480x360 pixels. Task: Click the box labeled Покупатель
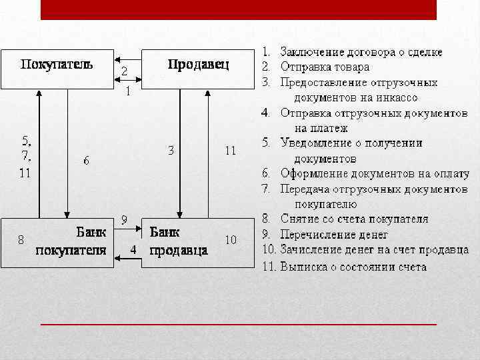[x=57, y=66]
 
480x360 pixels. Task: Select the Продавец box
[x=197, y=66]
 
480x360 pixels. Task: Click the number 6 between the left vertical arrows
[x=87, y=161]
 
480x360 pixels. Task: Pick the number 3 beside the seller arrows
[x=171, y=151]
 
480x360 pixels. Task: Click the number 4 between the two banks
[x=133, y=249]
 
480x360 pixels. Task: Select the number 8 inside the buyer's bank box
[x=21, y=239]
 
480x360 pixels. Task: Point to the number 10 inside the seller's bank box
[x=230, y=239]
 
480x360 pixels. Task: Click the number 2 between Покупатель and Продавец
[x=125, y=71]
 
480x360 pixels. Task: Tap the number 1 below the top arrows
[x=128, y=91]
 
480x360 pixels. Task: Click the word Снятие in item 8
[x=298, y=219]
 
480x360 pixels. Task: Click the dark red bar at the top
[x=238, y=9]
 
